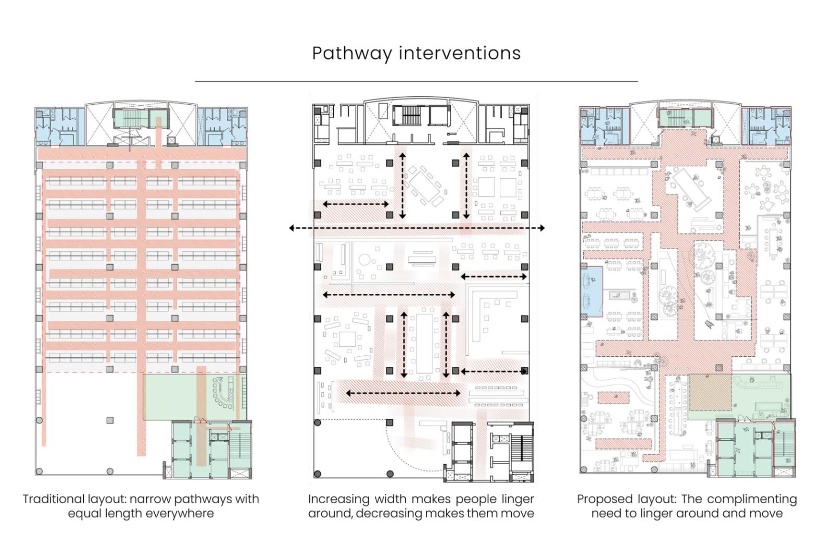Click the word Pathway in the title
click(x=352, y=54)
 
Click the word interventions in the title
click(x=460, y=53)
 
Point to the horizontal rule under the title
click(x=416, y=81)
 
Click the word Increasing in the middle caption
click(x=339, y=499)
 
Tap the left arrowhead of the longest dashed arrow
click(x=292, y=228)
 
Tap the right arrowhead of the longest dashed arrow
click(x=542, y=228)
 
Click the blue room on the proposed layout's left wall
click(x=591, y=291)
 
